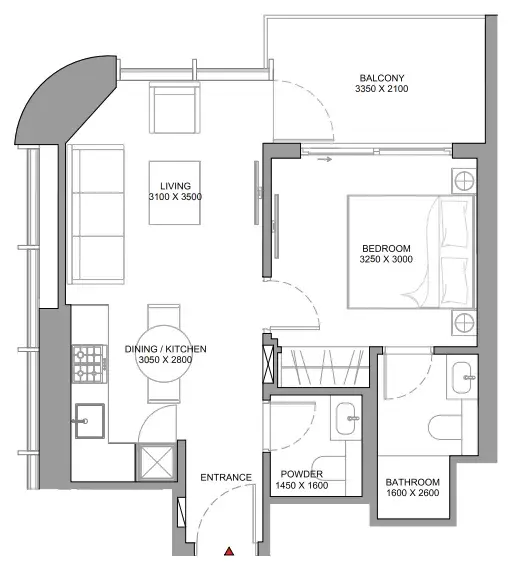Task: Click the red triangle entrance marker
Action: (229, 551)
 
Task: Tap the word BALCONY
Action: (382, 78)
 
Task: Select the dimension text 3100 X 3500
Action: (175, 197)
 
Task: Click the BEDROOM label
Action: (386, 249)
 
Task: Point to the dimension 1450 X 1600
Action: (302, 485)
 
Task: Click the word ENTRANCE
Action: (226, 477)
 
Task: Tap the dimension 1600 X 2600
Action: (413, 493)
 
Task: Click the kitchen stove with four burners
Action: (90, 364)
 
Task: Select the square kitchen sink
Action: (89, 421)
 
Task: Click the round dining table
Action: (164, 354)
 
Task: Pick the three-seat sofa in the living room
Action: (96, 214)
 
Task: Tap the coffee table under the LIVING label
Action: (174, 193)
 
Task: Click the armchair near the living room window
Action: (174, 108)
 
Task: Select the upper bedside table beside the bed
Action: (464, 181)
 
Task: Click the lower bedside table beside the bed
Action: (464, 322)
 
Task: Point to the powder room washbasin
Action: (346, 418)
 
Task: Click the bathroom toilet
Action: (446, 428)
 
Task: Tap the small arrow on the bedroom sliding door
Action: (324, 159)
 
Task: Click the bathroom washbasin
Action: (463, 378)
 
